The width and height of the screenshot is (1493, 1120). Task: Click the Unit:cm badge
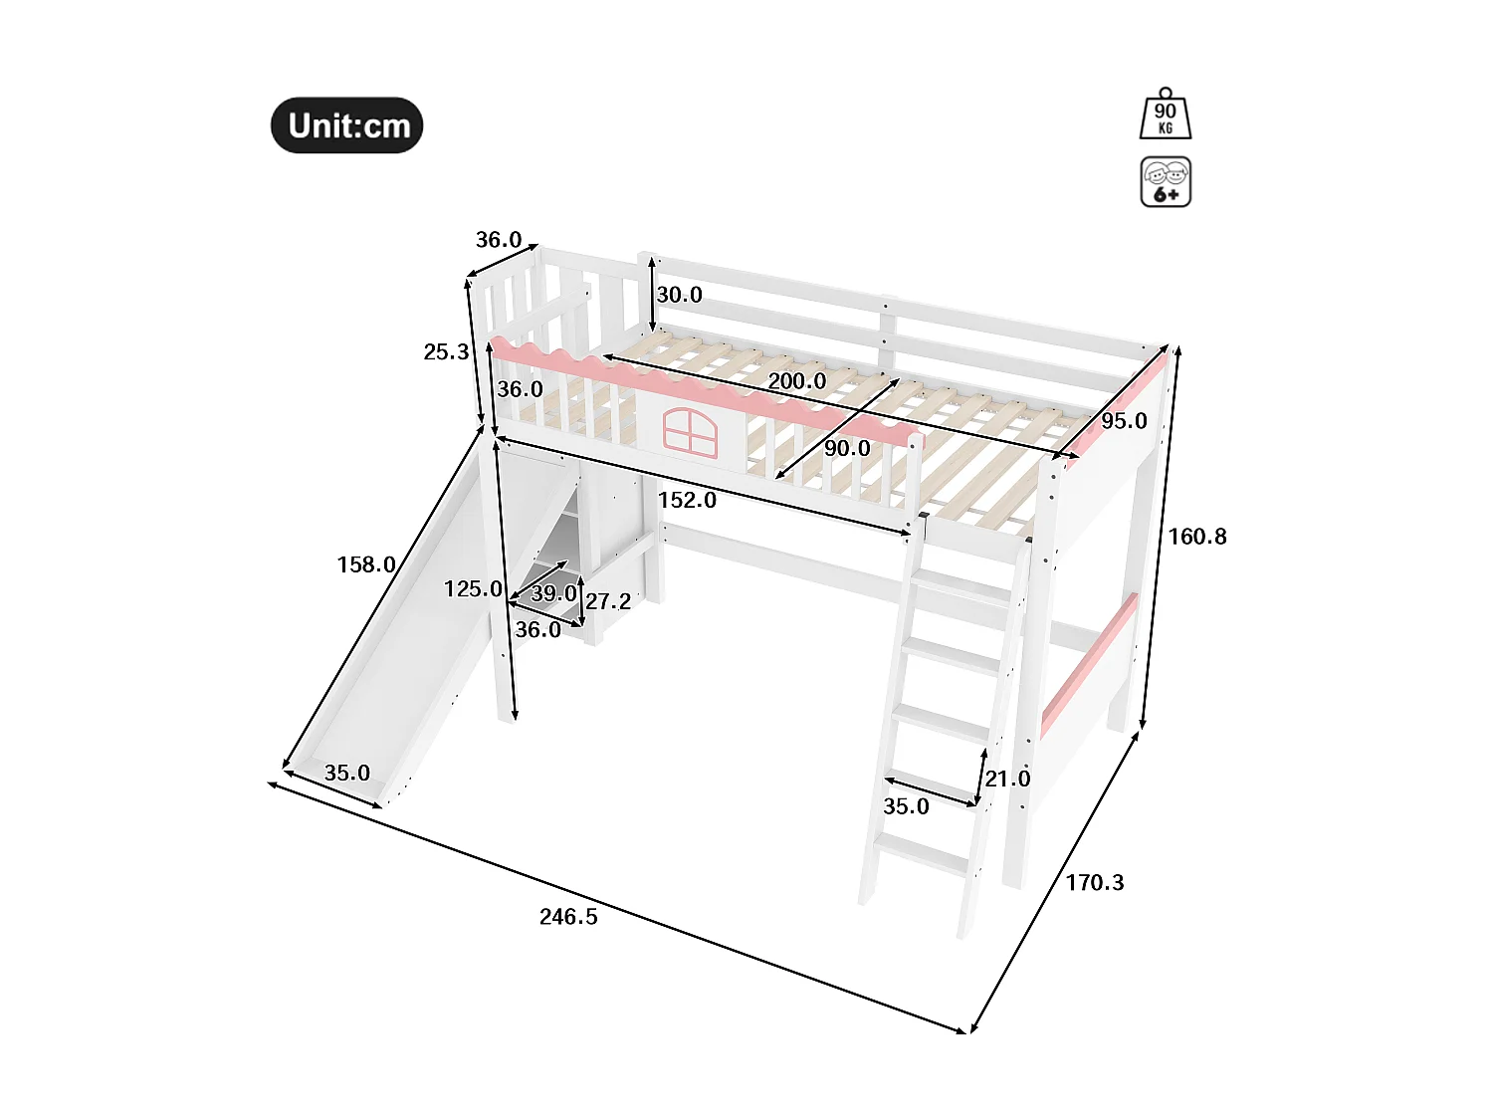click(x=347, y=125)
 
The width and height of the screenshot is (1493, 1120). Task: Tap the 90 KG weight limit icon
click(x=1165, y=115)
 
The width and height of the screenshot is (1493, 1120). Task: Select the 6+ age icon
click(x=1166, y=182)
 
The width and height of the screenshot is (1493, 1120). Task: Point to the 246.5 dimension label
click(x=568, y=917)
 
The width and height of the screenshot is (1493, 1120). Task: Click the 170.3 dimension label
click(x=1095, y=882)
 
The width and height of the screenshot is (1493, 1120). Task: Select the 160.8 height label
click(x=1197, y=537)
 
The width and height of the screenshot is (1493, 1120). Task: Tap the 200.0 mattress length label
click(x=796, y=381)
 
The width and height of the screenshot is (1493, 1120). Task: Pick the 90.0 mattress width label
click(x=847, y=449)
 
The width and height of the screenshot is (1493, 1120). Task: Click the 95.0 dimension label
click(x=1124, y=421)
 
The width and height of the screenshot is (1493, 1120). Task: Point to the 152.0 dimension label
click(x=687, y=500)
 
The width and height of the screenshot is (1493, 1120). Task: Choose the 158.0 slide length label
click(x=366, y=564)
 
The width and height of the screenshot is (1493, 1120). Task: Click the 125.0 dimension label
click(x=473, y=589)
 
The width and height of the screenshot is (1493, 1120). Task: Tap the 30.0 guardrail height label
click(x=679, y=295)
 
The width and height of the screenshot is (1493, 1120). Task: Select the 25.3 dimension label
click(x=446, y=351)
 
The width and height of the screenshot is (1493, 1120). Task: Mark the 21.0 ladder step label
click(x=1007, y=779)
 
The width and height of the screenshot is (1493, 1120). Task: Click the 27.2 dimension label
click(x=608, y=601)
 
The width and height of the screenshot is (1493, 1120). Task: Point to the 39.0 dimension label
click(x=553, y=593)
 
